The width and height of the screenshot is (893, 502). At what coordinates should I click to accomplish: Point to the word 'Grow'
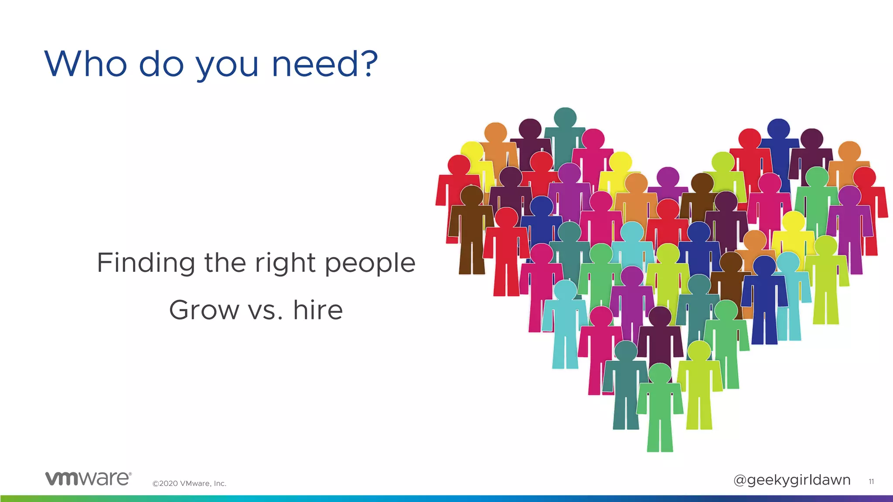point(204,310)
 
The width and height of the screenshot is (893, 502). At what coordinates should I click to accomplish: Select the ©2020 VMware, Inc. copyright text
point(189,483)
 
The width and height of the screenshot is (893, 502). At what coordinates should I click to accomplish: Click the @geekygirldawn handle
point(791,480)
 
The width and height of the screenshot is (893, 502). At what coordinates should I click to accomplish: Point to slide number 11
point(871,481)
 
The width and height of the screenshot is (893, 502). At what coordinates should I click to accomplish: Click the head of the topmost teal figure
point(565,118)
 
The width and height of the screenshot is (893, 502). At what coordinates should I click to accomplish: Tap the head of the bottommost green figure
point(660,373)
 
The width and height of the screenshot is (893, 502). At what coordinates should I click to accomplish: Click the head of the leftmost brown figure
point(471,195)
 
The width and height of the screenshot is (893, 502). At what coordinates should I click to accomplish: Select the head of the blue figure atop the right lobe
point(778,129)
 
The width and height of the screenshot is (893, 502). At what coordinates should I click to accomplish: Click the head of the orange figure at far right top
point(849,151)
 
